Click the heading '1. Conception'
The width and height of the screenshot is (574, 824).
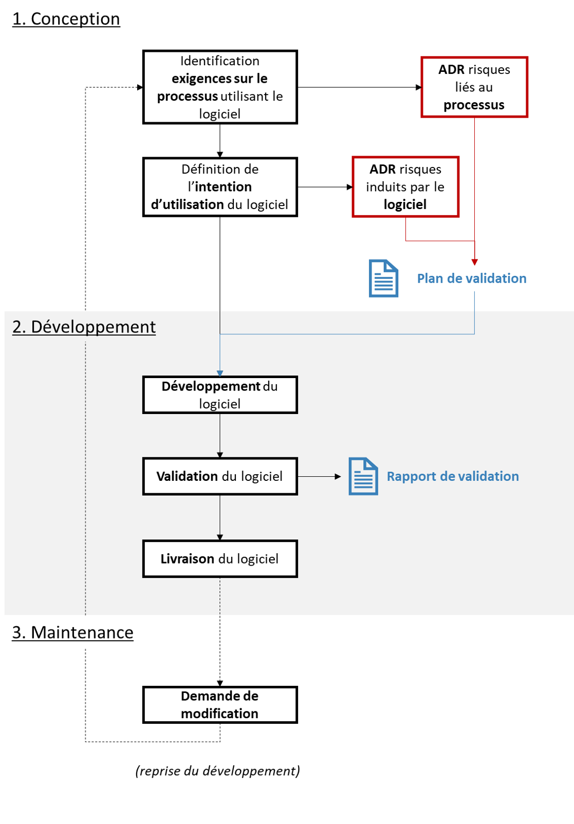pos(66,19)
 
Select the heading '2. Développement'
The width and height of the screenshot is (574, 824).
pos(84,327)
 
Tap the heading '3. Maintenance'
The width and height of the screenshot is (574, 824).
pos(72,633)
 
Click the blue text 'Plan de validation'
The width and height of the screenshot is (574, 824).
pos(472,278)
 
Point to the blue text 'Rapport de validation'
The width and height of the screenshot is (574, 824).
pos(453,476)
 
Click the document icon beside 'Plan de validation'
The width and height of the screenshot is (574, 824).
pos(383,278)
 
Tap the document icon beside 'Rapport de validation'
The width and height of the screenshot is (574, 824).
pos(363,476)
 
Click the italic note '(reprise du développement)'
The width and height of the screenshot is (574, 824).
pos(218,771)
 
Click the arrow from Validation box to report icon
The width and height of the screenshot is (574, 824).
pos(320,476)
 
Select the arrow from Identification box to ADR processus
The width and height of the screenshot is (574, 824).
pos(360,87)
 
